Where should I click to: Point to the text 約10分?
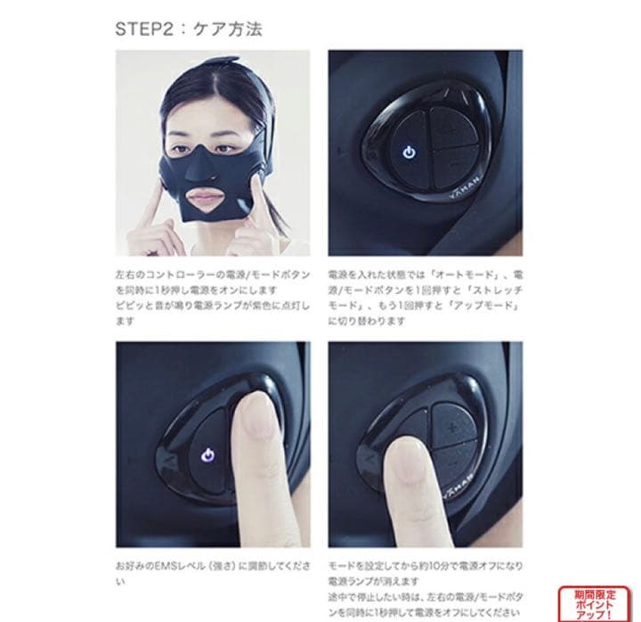tap(427, 541)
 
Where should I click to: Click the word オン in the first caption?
tap(247, 291)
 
